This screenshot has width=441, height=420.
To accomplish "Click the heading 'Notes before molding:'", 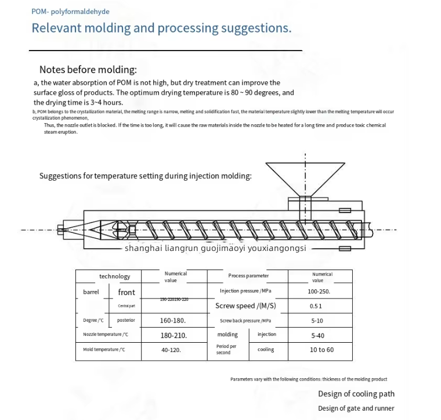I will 88,70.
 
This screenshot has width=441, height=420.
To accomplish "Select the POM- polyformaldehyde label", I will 70,12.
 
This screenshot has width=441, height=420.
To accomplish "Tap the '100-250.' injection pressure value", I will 319,291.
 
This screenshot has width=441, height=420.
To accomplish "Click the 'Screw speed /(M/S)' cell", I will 245,306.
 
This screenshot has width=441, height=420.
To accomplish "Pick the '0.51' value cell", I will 316,306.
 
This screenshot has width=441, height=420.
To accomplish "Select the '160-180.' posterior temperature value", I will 173,320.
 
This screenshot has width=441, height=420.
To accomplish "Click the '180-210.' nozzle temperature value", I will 173,335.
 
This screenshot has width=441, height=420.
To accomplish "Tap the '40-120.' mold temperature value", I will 171,350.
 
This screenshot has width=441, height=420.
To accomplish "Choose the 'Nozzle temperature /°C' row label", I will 106,335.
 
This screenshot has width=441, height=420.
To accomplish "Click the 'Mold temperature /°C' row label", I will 104,350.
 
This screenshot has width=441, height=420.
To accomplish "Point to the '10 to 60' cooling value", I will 321,350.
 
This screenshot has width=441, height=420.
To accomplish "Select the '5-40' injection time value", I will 317,335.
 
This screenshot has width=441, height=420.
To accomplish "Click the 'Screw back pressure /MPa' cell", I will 245,321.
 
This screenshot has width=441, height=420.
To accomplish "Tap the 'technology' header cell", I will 115,277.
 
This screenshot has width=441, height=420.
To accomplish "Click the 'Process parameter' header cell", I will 248,276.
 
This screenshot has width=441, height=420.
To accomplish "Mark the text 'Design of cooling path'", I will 356,394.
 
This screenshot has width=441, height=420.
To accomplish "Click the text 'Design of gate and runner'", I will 356,408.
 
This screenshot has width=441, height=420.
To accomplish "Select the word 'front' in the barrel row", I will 126,292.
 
